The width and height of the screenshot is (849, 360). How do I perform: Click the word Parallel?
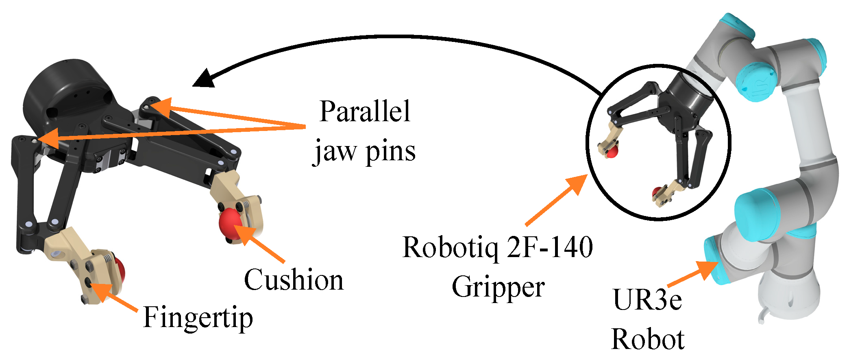(x=365, y=112)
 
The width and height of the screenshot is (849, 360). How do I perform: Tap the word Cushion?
(x=294, y=280)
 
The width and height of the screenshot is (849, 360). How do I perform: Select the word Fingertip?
(x=198, y=317)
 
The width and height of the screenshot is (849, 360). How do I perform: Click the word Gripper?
(x=498, y=287)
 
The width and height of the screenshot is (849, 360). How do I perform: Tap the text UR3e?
(x=647, y=300)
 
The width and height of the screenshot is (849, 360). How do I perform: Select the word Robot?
(x=648, y=339)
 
